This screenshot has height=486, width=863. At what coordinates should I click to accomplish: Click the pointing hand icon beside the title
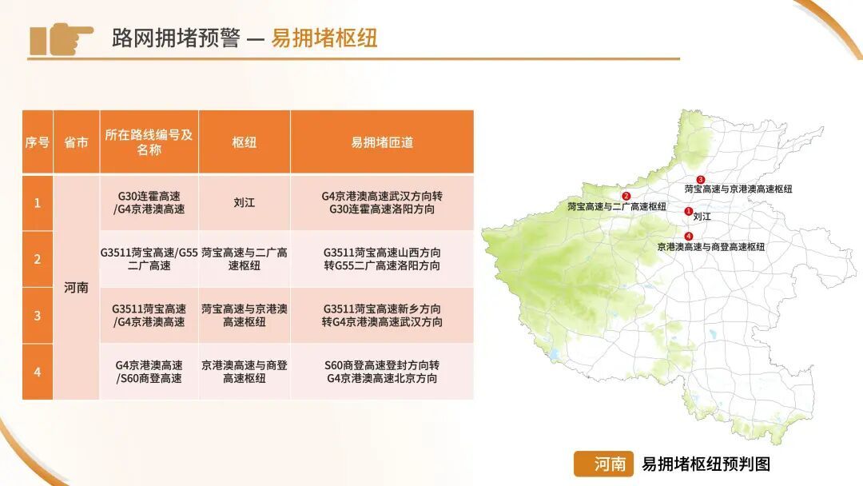coord(62,38)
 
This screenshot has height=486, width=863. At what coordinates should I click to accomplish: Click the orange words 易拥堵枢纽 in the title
coord(324,38)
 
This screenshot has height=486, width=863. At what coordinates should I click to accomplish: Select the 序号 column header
coord(37,142)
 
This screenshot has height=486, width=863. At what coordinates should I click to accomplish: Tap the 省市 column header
coord(76,142)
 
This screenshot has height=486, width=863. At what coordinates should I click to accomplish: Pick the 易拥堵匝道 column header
coord(381,142)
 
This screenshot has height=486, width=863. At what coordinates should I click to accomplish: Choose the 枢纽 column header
coord(244,142)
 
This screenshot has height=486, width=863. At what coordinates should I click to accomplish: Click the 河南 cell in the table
coord(76,288)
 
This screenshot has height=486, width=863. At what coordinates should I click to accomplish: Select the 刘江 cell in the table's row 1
coord(244,203)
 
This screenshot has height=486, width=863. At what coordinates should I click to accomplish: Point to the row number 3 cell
coord(37,316)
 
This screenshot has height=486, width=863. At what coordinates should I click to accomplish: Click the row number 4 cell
coord(37,372)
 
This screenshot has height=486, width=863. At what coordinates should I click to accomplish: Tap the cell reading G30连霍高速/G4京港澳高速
coord(149,203)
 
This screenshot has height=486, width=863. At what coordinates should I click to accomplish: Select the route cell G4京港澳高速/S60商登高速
coord(149,372)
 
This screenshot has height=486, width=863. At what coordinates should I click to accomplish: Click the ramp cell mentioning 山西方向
coord(381,259)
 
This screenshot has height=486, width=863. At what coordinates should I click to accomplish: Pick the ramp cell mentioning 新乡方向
coord(381,316)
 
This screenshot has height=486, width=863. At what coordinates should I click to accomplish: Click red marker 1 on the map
coord(689,211)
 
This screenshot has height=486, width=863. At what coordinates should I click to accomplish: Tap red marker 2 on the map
coord(626,196)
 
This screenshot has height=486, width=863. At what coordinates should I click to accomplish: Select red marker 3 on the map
coord(701,180)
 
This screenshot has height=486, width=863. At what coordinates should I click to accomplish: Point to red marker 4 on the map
coord(689,236)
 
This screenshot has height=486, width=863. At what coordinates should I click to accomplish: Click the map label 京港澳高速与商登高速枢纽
coord(710,248)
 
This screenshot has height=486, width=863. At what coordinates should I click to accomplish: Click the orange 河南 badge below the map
coord(603,464)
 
